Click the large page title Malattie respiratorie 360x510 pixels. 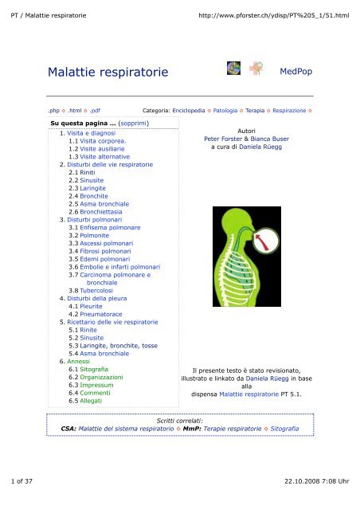pyautogui.click(x=108, y=73)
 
